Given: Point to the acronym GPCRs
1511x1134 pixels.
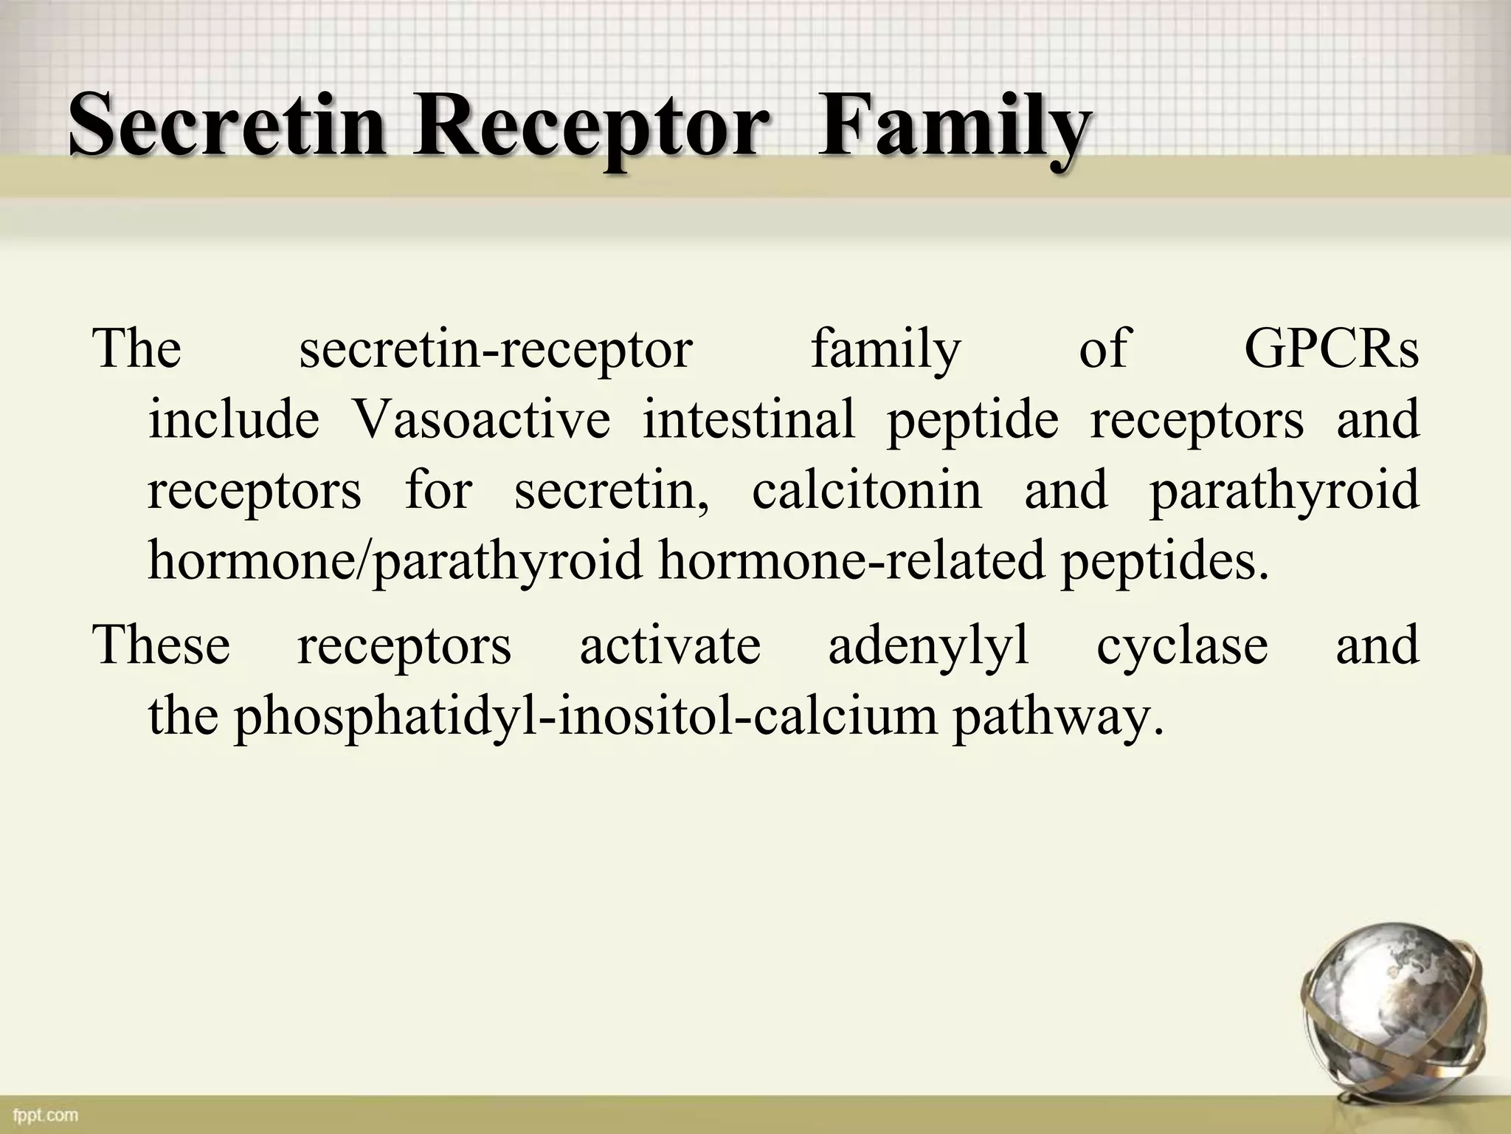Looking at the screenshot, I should click(x=1331, y=348).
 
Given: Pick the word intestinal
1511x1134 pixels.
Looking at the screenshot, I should click(x=748, y=419).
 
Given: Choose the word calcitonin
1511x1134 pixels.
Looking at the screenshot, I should click(x=866, y=489).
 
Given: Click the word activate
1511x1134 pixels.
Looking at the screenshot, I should click(x=669, y=645).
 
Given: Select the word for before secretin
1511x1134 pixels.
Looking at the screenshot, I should click(x=438, y=489).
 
